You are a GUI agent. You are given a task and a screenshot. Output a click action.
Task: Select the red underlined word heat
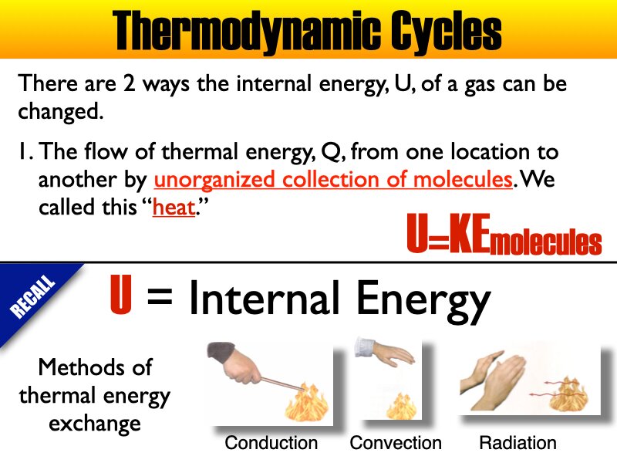[174, 208]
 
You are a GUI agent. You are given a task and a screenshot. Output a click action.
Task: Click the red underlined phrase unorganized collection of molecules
[333, 180]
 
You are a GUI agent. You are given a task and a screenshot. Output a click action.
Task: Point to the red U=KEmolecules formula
[504, 238]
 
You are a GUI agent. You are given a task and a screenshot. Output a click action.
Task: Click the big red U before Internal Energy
[121, 297]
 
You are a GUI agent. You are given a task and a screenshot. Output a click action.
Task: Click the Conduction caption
[271, 443]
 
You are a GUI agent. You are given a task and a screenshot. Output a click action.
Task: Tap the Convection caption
[396, 443]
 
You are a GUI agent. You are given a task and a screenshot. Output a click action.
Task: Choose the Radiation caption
[518, 443]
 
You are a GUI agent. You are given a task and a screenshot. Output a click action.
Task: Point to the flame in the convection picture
[399, 404]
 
